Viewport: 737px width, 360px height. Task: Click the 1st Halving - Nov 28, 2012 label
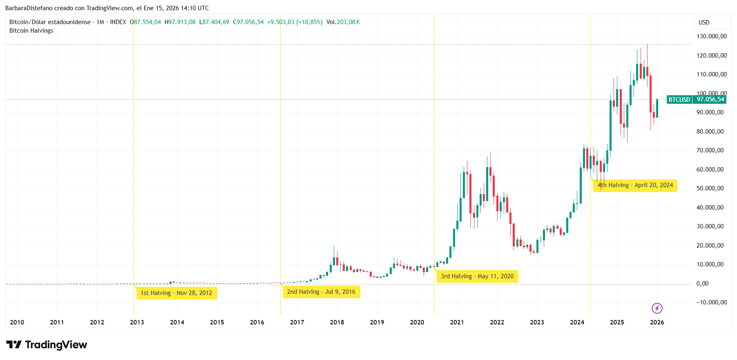pos(176,293)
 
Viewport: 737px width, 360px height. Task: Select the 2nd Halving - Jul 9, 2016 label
pos(321,292)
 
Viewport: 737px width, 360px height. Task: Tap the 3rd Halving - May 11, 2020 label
pos(477,276)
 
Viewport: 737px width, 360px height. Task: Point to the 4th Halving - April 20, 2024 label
pos(635,185)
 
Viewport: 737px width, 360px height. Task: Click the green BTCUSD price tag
pos(679,100)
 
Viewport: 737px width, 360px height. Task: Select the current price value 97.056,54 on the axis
pos(710,99)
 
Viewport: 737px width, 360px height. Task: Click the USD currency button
pos(704,22)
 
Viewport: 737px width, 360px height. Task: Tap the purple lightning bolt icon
pos(657,308)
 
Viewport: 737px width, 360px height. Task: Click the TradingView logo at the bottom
pos(47,345)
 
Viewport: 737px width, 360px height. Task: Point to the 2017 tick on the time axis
pos(297,322)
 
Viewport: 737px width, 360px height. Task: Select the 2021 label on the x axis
pos(457,322)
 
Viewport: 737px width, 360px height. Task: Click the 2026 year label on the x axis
pos(657,322)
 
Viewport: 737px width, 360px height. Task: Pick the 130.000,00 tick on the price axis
pos(712,36)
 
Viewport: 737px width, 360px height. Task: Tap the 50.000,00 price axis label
pos(710,188)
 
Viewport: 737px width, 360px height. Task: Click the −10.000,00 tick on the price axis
pos(712,302)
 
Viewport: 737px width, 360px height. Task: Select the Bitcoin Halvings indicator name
pos(31,31)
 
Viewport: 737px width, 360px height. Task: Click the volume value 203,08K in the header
pos(348,22)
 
